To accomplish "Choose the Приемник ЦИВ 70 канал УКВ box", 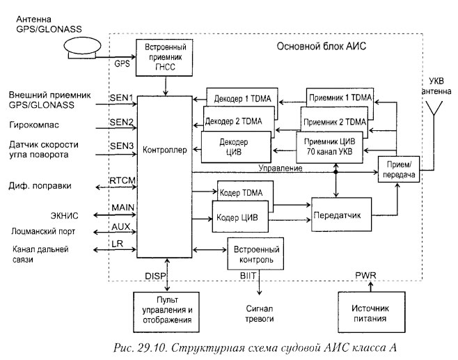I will pyautogui.click(x=330, y=148).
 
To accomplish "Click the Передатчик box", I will pyautogui.click(x=340, y=215).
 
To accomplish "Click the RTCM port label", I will pyautogui.click(x=123, y=180).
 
